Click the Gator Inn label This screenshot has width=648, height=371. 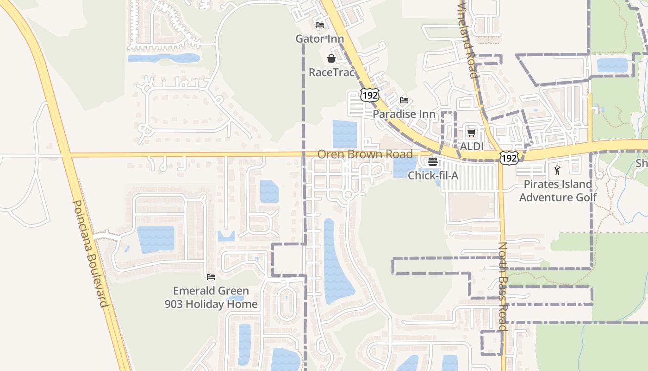click(x=320, y=38)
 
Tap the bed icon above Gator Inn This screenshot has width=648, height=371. click(x=320, y=25)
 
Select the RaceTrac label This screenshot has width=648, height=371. click(x=331, y=72)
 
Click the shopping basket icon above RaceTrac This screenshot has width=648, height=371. click(x=331, y=58)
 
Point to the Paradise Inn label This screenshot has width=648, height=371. click(x=404, y=114)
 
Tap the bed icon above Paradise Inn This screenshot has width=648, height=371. click(x=404, y=100)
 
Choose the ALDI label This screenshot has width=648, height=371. click(x=472, y=147)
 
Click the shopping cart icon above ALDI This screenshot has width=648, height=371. click(x=472, y=133)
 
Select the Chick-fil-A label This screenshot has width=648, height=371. click(x=433, y=175)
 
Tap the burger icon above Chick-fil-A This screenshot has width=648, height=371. click(x=433, y=162)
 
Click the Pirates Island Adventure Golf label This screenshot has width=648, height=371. click(x=558, y=191)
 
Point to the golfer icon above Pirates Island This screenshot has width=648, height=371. click(x=557, y=170)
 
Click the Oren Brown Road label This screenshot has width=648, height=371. click(x=365, y=154)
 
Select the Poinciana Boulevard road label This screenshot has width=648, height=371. click(x=91, y=253)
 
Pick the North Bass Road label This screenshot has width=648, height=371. click(x=503, y=286)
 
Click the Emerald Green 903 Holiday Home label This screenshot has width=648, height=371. click(x=211, y=297)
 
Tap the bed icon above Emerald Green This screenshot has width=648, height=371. click(x=211, y=277)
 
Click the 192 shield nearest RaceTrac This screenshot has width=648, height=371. click(x=370, y=95)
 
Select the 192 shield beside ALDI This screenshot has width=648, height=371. click(x=509, y=158)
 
